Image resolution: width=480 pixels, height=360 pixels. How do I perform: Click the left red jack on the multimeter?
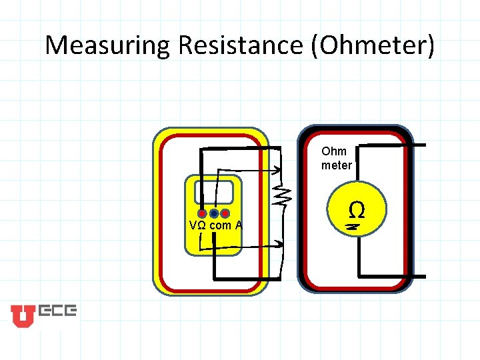pos(203,214)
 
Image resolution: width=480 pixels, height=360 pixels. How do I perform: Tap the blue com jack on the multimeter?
pos(214,214)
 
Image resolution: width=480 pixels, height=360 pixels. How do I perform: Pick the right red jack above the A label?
pos(225,214)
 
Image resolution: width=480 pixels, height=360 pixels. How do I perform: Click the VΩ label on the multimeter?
pos(197,226)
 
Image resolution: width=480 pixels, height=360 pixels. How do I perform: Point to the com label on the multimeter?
pos(220,226)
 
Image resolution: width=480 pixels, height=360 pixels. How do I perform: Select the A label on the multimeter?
pos(238,226)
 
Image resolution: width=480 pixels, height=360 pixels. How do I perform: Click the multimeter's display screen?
pos(213,191)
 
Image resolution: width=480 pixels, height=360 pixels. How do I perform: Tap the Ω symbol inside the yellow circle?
pos(357,211)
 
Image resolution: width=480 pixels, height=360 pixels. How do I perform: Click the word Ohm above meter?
pos(334,151)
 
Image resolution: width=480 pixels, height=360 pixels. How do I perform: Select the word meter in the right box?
pos(337,165)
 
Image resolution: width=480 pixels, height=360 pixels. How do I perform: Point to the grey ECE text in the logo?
pos(57,311)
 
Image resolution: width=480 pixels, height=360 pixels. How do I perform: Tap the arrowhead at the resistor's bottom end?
pos(279,243)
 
